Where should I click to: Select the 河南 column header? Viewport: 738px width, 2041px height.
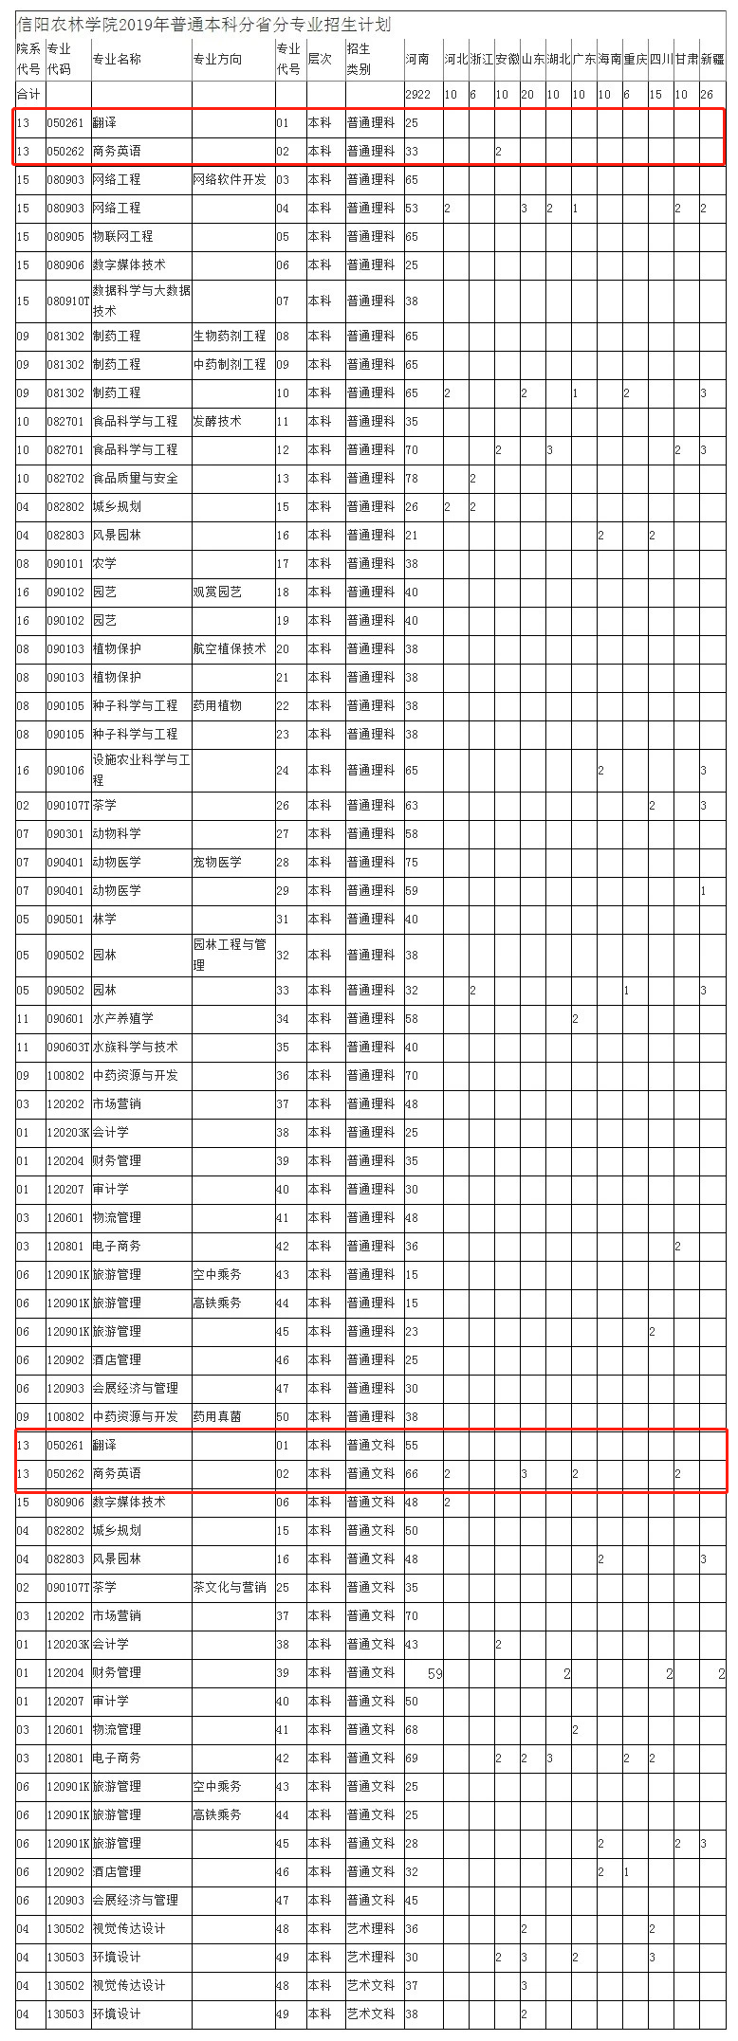[x=417, y=59]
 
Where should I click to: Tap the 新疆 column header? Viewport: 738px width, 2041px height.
[x=712, y=59]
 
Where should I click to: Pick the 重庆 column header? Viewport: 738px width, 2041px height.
[x=635, y=59]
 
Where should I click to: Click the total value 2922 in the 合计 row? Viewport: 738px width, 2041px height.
[x=417, y=95]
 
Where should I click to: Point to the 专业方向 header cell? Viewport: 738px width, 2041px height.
[x=217, y=59]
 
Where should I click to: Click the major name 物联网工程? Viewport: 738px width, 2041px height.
[x=122, y=236]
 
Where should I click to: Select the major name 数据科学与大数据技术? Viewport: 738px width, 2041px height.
[x=140, y=301]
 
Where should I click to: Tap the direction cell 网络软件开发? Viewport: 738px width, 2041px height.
[x=230, y=179]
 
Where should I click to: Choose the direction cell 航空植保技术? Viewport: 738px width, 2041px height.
[x=230, y=648]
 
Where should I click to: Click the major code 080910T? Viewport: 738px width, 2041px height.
[x=67, y=301]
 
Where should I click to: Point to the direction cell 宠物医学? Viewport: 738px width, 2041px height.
[x=217, y=862]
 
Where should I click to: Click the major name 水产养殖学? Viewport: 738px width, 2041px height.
[x=122, y=1018]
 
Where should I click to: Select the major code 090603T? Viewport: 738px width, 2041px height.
[x=67, y=1047]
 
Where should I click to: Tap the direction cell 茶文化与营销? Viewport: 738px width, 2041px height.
[x=230, y=1587]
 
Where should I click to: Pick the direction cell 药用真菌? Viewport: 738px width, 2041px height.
[x=217, y=1416]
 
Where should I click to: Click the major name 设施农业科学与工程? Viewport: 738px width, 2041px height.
[x=140, y=770]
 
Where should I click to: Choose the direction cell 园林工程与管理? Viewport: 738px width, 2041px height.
[x=230, y=955]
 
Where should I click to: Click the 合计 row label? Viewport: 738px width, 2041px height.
[x=28, y=95]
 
